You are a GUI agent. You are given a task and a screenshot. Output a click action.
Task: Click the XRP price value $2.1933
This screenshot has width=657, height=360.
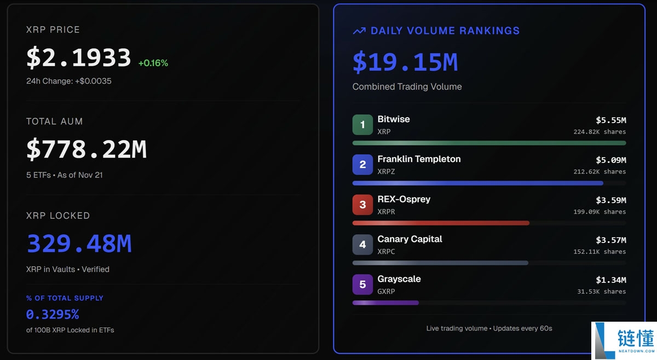tap(79, 57)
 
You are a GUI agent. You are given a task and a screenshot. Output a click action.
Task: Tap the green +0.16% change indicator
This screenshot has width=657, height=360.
tap(153, 63)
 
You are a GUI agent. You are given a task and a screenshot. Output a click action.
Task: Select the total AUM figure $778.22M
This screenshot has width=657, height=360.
tap(87, 149)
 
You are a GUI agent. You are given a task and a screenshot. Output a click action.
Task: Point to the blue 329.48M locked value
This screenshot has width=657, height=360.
tap(79, 243)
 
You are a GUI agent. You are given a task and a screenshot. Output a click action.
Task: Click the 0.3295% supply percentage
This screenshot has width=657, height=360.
tap(53, 315)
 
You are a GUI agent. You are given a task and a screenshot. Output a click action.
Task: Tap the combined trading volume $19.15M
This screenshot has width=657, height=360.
tap(405, 62)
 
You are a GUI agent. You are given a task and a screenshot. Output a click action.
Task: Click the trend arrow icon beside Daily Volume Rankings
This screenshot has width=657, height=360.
tap(359, 31)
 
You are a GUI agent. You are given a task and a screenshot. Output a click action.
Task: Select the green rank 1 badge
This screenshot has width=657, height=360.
tap(362, 125)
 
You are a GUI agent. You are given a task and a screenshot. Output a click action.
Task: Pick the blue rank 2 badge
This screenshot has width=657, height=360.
tap(362, 165)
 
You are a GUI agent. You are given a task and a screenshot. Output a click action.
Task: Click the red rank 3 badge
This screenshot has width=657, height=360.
tap(362, 205)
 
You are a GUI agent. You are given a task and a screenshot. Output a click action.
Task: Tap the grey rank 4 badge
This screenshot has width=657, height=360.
tap(362, 245)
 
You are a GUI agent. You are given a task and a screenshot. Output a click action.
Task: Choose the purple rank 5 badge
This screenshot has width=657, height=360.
tap(362, 284)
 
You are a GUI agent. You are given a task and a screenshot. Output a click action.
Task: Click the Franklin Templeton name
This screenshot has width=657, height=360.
tap(419, 159)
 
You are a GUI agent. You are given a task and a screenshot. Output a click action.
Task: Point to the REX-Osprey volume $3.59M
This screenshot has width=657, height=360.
tap(610, 200)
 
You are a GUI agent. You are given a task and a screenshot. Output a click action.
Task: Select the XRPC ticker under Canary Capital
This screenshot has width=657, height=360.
tap(386, 252)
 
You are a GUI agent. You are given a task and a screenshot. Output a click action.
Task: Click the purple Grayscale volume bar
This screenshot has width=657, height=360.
tap(385, 303)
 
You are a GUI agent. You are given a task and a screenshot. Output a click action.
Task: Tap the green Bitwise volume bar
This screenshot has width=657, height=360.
tap(489, 143)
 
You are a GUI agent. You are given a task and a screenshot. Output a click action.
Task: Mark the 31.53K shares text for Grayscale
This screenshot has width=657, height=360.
tap(601, 292)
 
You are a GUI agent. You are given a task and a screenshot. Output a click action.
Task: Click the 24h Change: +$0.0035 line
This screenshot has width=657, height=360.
tap(69, 81)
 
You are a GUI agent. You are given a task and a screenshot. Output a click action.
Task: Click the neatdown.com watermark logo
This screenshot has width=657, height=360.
tap(624, 340)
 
